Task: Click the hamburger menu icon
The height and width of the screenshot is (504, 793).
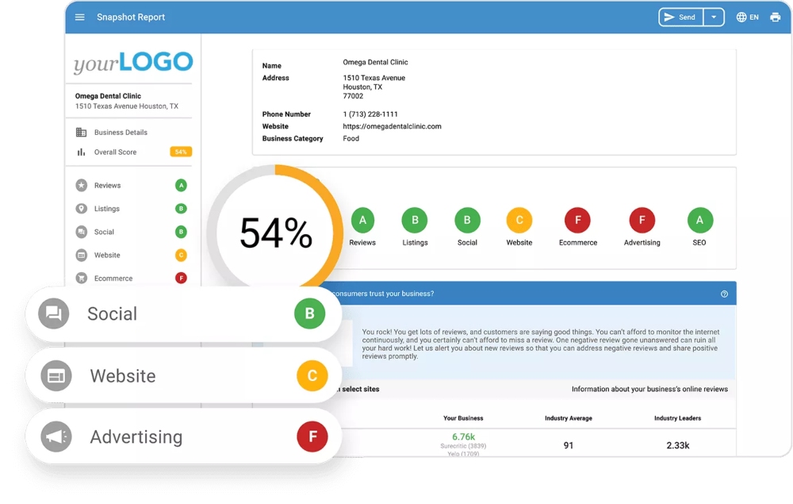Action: pyautogui.click(x=80, y=17)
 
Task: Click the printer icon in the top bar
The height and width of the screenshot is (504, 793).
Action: pyautogui.click(x=775, y=17)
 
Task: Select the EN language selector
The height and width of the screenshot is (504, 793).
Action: pyautogui.click(x=747, y=17)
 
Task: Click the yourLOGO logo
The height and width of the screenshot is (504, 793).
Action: pyautogui.click(x=133, y=63)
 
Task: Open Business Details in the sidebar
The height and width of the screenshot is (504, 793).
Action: pyautogui.click(x=121, y=133)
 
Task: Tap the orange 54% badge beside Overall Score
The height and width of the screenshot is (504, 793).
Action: pyautogui.click(x=181, y=152)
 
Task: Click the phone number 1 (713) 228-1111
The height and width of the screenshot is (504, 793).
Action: pyautogui.click(x=370, y=114)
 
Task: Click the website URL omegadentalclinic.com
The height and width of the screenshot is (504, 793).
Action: pyautogui.click(x=392, y=126)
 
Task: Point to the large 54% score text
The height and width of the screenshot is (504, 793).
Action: pyautogui.click(x=276, y=233)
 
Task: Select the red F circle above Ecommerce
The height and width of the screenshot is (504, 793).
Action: pyautogui.click(x=577, y=220)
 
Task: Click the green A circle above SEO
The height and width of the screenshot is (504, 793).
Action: pyautogui.click(x=699, y=220)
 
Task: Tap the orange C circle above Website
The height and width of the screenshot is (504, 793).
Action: pyautogui.click(x=519, y=220)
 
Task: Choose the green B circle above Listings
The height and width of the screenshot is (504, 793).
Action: pyautogui.click(x=415, y=220)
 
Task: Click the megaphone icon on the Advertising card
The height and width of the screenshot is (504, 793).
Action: pyautogui.click(x=56, y=437)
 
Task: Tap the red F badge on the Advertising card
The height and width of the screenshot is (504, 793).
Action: pyautogui.click(x=312, y=437)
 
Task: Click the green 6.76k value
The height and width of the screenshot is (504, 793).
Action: pyautogui.click(x=463, y=437)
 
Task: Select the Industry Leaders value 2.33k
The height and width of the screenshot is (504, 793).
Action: pyautogui.click(x=677, y=445)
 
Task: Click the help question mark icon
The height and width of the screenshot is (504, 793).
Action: pyautogui.click(x=724, y=294)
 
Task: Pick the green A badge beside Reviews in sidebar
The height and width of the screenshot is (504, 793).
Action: pyautogui.click(x=181, y=186)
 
